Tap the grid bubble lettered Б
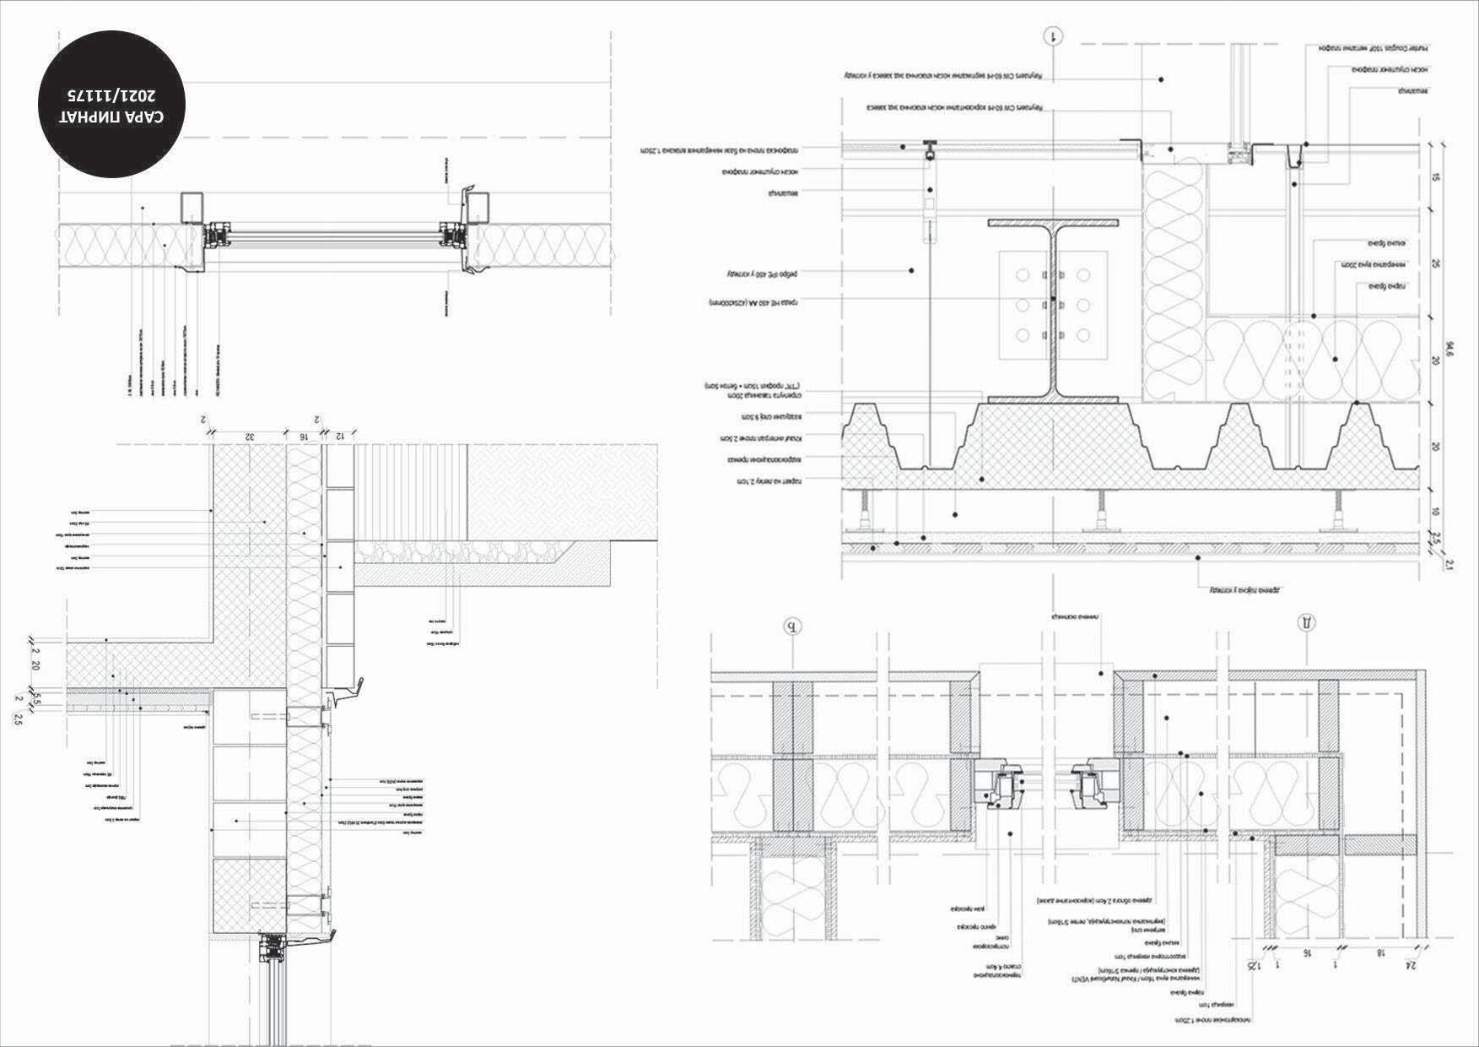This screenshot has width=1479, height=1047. click(x=791, y=627)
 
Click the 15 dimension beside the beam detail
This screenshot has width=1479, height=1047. click(x=1435, y=177)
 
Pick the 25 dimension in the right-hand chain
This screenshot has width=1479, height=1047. click(x=1435, y=264)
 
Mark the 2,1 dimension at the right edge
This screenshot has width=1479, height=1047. click(x=1449, y=565)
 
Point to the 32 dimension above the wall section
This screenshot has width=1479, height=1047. click(x=250, y=437)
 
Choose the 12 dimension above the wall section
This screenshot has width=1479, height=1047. click(x=340, y=437)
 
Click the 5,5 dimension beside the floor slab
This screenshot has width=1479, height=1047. click(x=36, y=699)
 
